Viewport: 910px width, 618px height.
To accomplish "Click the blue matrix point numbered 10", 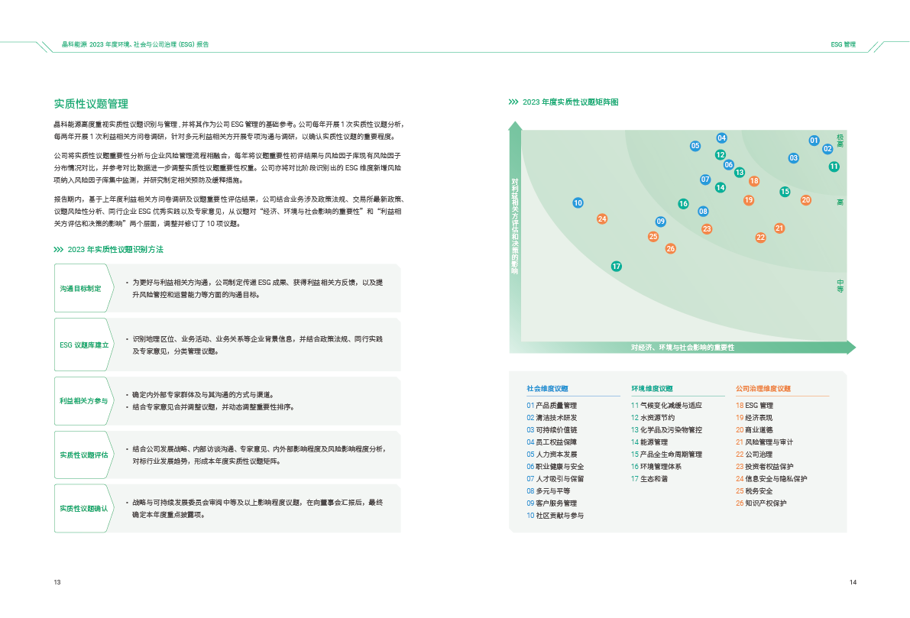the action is [x=578, y=202].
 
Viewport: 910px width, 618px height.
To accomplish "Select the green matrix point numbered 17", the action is [x=617, y=267].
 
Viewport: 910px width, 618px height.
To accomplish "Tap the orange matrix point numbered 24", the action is [x=602, y=218].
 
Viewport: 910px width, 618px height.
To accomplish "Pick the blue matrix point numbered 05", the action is [x=695, y=146].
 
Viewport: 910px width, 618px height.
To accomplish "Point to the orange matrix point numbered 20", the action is [x=805, y=199].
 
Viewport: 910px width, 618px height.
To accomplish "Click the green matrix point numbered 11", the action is [x=834, y=167].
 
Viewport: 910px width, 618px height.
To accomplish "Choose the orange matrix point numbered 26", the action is [x=670, y=248].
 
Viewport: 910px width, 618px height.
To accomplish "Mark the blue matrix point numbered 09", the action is [x=660, y=221].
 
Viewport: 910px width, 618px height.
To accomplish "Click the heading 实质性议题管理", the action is [x=91, y=104].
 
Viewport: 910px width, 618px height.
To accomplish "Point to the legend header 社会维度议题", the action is [x=547, y=389].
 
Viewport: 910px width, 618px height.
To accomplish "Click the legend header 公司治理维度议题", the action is [x=763, y=389].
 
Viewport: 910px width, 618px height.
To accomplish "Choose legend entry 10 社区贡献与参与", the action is [x=555, y=516].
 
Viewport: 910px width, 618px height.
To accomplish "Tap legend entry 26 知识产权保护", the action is [x=762, y=503].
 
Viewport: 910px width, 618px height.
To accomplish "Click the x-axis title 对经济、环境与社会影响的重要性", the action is [x=682, y=348].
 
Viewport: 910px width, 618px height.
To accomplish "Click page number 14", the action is [x=853, y=582].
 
